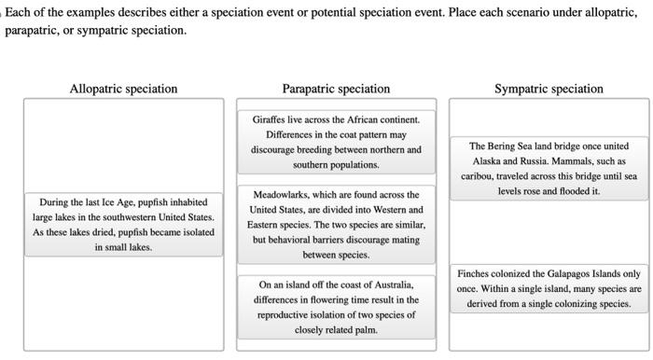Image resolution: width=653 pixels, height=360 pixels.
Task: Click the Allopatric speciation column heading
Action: click(123, 89)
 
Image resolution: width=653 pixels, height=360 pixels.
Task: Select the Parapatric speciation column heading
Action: click(336, 89)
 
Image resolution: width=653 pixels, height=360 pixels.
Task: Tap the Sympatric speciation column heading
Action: click(549, 89)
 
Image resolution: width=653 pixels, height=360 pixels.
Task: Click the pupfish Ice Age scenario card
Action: click(123, 224)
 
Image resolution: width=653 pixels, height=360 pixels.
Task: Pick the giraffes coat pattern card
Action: click(336, 142)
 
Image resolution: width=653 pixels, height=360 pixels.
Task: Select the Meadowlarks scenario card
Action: click(336, 224)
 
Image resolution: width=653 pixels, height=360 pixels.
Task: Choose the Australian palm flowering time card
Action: click(336, 306)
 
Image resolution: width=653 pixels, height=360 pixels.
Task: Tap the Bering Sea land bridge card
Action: click(549, 168)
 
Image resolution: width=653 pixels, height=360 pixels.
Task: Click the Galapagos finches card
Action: click(549, 288)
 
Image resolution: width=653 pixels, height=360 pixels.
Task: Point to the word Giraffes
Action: click(271, 120)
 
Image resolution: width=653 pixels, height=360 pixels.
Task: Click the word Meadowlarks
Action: click(284, 195)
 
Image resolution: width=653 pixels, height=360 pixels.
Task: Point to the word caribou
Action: click(477, 176)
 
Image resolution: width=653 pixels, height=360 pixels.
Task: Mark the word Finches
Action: click(474, 273)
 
